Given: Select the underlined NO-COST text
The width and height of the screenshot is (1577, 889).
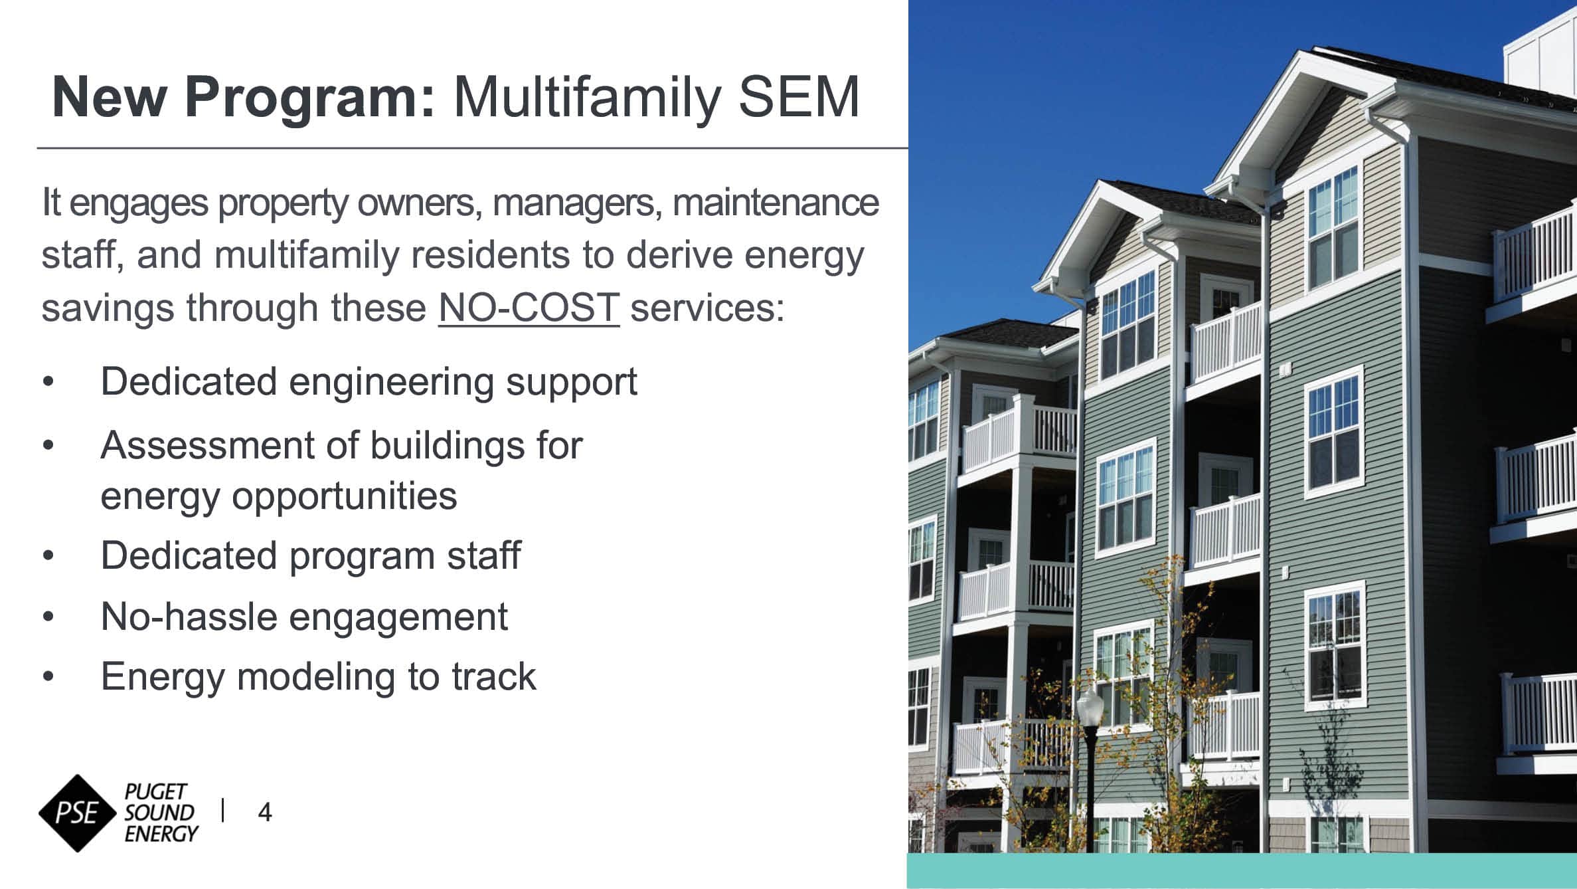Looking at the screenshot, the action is (529, 308).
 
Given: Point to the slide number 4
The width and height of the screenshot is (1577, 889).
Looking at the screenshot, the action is (264, 813).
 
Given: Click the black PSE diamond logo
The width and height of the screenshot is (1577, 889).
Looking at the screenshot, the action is (78, 813).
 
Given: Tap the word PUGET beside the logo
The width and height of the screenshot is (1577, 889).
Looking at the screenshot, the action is (156, 791).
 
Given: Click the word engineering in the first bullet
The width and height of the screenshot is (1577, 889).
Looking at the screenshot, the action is (391, 383).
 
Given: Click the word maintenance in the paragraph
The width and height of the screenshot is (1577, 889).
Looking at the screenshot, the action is (776, 203).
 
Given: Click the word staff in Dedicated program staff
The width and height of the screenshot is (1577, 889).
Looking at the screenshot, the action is (483, 555).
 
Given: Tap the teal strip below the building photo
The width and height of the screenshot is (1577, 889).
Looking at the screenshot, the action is (1242, 871).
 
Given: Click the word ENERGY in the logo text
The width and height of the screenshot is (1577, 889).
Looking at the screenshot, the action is (161, 834).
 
